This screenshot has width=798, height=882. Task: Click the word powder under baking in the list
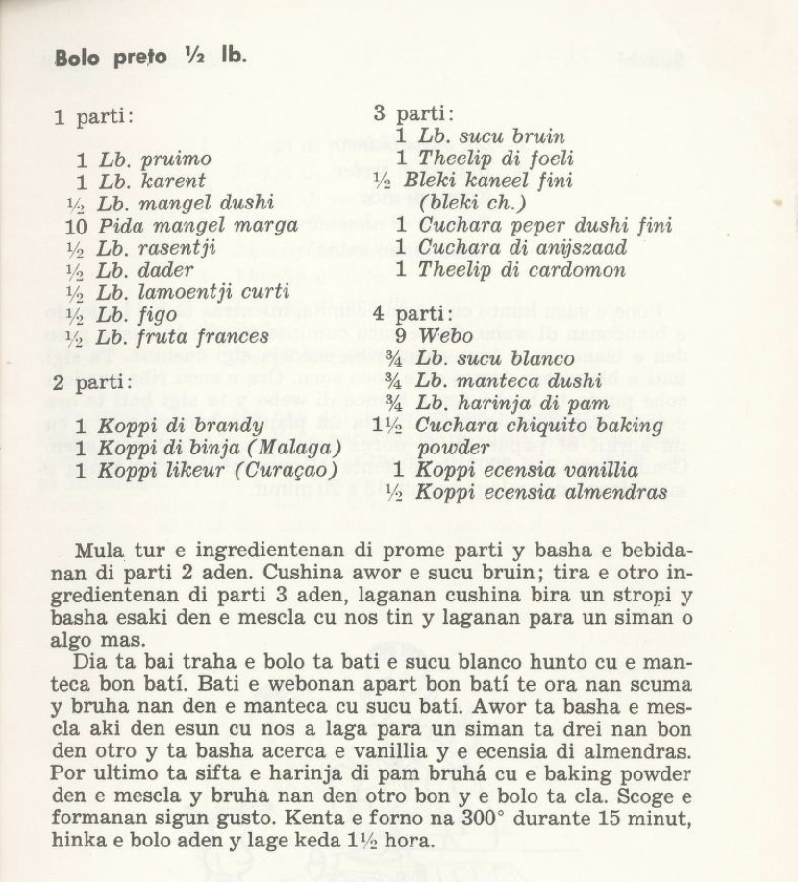(451, 448)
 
